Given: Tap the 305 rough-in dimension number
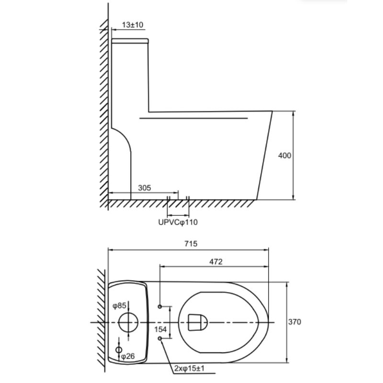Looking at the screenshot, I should tap(144, 188).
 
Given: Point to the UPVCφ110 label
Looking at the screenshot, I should tap(178, 222).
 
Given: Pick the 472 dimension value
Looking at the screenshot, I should tap(215, 261).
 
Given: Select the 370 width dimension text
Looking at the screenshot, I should tap(294, 322).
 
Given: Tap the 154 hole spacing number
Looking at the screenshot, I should tap(160, 329).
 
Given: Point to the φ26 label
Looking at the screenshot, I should tap(127, 356).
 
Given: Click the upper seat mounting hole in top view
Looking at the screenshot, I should tap(160, 305).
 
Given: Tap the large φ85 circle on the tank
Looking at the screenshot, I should tap(128, 322).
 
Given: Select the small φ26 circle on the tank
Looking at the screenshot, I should tap(119, 350).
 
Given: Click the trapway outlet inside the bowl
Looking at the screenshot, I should tap(196, 322).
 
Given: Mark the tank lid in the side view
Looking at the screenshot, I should tap(130, 41).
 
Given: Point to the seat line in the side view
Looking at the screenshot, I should tap(194, 116).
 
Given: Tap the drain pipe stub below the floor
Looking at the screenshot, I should tap(178, 207).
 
